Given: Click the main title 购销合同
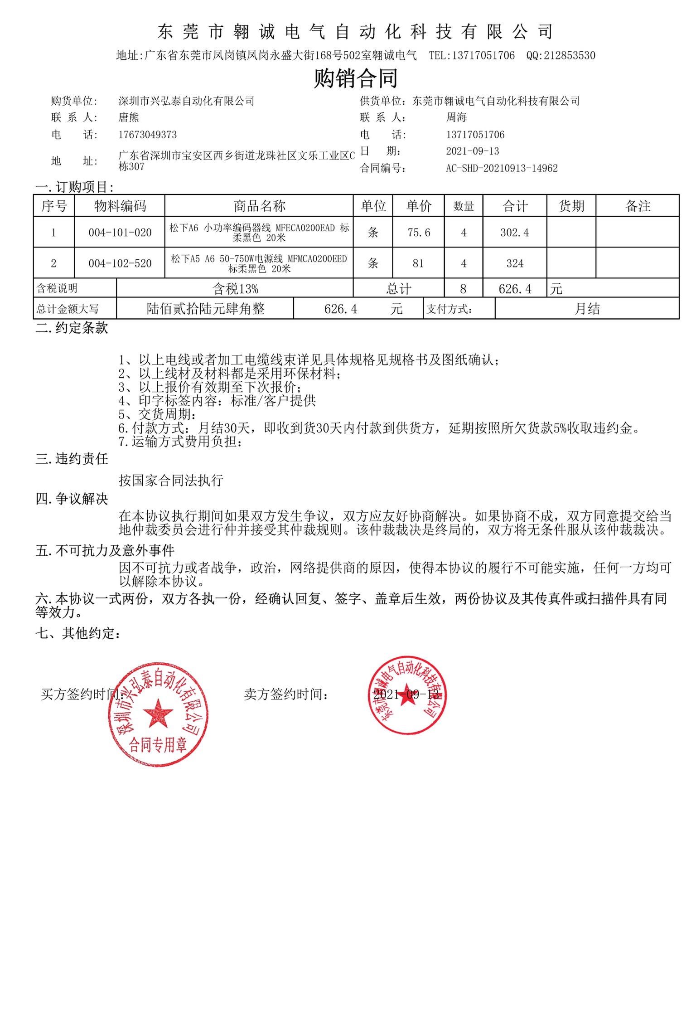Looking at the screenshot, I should [356, 78].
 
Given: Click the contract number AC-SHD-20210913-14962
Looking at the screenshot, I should [502, 168].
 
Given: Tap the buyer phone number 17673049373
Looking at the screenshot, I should [147, 135].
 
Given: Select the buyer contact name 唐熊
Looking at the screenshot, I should [129, 117].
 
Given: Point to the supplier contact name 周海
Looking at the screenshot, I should [456, 117].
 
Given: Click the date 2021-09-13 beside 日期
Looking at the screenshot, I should [473, 151].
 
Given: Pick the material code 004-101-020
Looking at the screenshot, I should [120, 233].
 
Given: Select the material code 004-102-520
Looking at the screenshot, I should [120, 263].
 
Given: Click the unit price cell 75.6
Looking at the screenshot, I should [419, 233].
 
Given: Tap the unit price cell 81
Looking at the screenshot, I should [418, 263].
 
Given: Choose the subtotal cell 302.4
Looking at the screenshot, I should [515, 233].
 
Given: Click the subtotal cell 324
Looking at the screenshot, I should [515, 263].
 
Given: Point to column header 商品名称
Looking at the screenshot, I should [259, 206].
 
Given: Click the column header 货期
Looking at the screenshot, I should [571, 206].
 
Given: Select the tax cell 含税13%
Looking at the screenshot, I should [235, 289].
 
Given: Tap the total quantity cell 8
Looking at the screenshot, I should [463, 289].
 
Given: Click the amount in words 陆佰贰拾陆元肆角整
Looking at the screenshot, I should [205, 309].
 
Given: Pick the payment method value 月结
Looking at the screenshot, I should [587, 309].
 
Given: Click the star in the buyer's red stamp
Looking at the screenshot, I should [158, 713].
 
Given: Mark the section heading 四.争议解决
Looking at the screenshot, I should [72, 499].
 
